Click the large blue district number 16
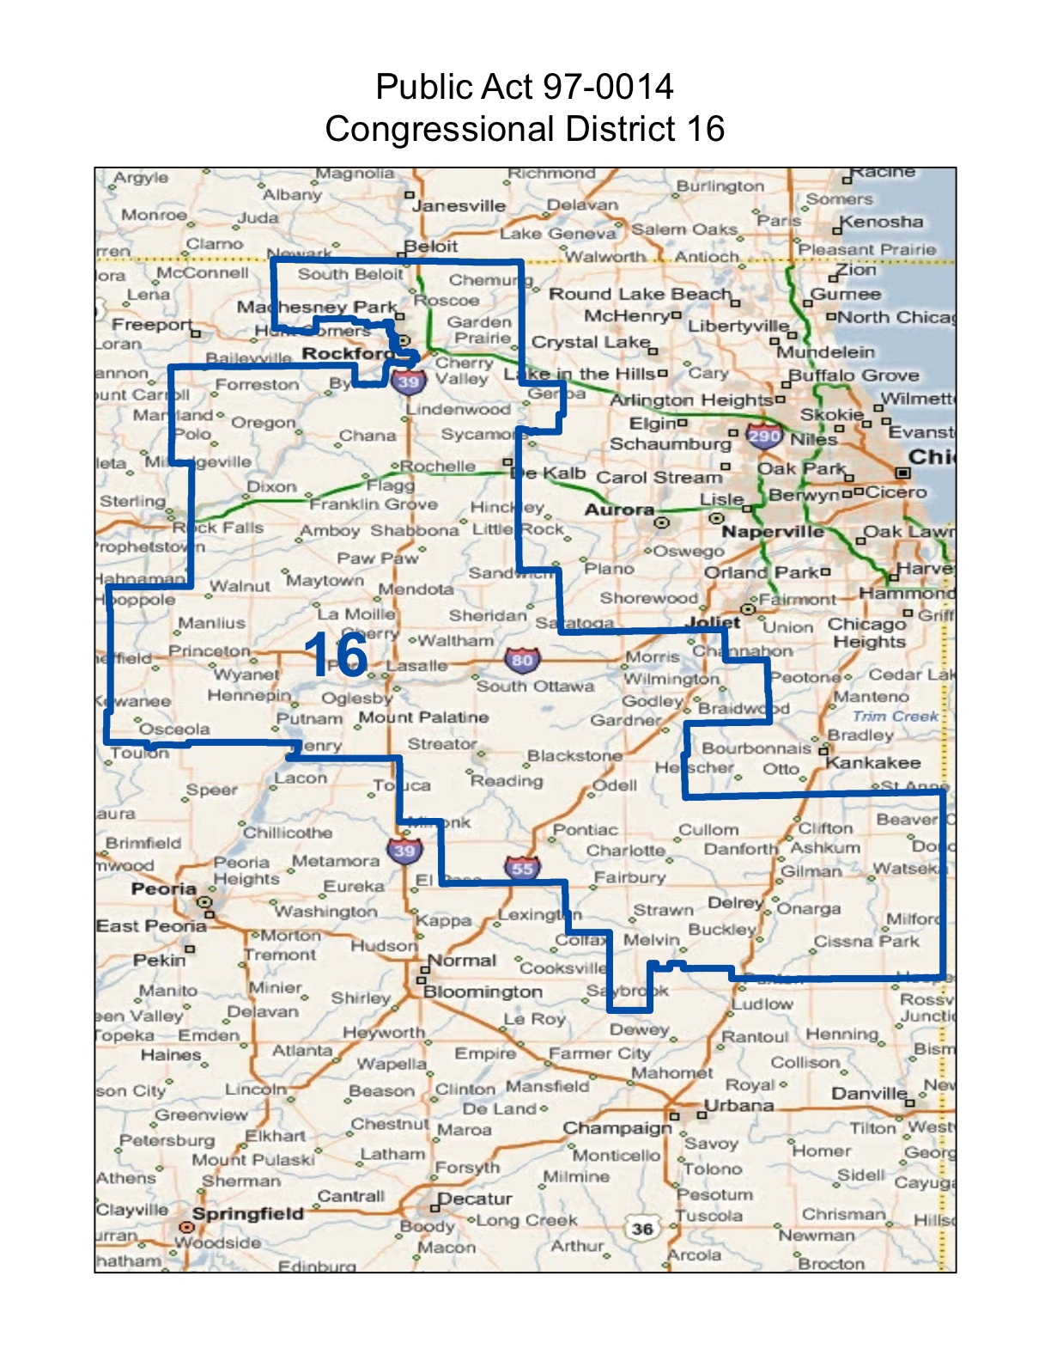pos(336,656)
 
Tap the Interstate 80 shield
pos(522,660)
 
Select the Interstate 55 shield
pos(522,868)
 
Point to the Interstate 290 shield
pos(763,436)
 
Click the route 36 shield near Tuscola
pos(642,1229)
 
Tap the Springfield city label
pos(248,1213)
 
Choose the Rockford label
pos(345,354)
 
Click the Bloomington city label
pos(483,992)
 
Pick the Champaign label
pos(617,1127)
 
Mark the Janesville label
pos(459,205)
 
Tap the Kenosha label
pos(882,222)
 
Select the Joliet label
pos(714,621)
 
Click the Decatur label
pos(475,1199)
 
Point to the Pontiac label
pos(586,830)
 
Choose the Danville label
pos(869,1093)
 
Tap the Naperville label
pos(772,532)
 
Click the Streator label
pos(442,744)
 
